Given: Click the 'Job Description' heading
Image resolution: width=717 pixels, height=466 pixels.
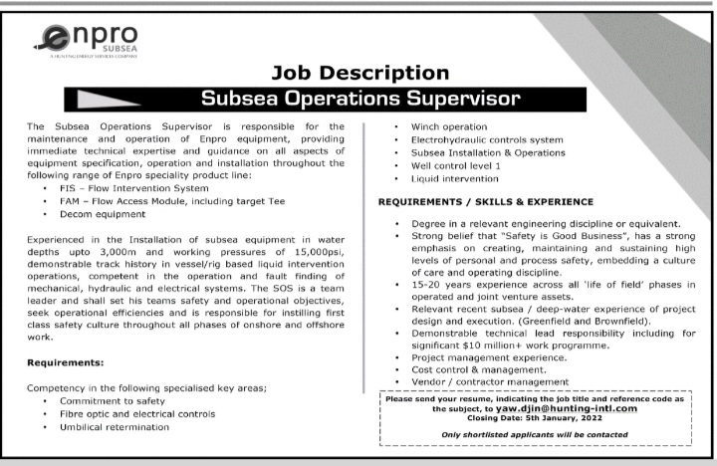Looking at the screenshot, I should (x=359, y=73).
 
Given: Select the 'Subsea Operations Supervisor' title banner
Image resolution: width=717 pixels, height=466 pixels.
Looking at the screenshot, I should (x=359, y=99).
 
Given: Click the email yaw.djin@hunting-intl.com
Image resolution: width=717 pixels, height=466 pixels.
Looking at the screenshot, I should (x=571, y=408).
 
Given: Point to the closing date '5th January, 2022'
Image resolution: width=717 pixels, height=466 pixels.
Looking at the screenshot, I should (x=575, y=419).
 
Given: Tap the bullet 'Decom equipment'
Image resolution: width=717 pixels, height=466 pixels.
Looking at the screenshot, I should (x=102, y=214).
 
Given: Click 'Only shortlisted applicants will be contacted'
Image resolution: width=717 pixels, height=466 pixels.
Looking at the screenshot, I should (x=534, y=435).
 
